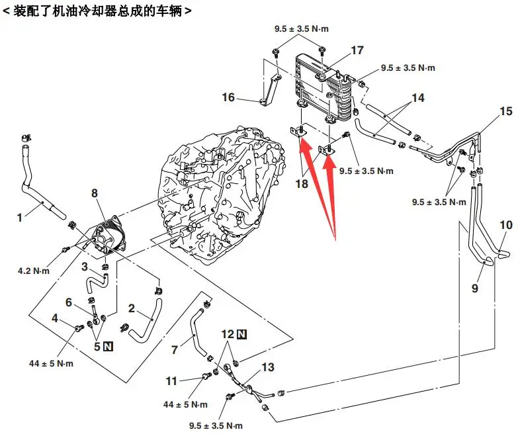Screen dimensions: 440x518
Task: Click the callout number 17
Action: [x=357, y=50]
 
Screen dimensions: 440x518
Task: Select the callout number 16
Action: [x=228, y=98]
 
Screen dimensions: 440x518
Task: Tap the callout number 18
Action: [x=302, y=183]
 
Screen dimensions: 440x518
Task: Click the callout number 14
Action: [x=417, y=98]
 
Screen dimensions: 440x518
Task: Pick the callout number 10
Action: [x=505, y=226]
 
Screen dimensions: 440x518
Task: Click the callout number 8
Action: [x=94, y=193]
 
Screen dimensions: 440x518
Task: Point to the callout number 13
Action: [x=267, y=367]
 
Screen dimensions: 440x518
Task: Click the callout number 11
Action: [x=172, y=380]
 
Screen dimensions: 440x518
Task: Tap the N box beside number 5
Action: [x=107, y=345]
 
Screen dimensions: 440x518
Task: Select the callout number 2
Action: [x=132, y=308]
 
